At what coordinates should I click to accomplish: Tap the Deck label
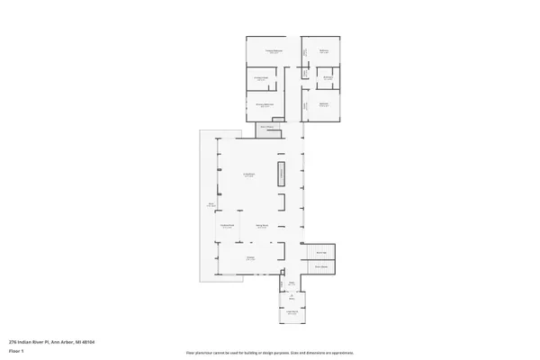coord(211,205)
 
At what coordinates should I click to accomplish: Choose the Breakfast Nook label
coord(228,226)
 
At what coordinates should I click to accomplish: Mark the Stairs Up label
coord(320,252)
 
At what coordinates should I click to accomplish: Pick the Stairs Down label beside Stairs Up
coord(320,266)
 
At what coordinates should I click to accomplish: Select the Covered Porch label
coord(292,310)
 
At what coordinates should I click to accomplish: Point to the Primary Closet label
coord(261,79)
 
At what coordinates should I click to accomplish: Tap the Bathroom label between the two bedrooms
coord(328,77)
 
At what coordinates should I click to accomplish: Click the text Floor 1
coord(16,351)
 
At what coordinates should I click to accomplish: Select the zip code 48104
coord(88,342)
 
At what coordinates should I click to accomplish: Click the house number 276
coord(13,342)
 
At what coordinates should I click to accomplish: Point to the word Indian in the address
coord(25,342)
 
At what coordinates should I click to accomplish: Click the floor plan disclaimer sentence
coord(269,353)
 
